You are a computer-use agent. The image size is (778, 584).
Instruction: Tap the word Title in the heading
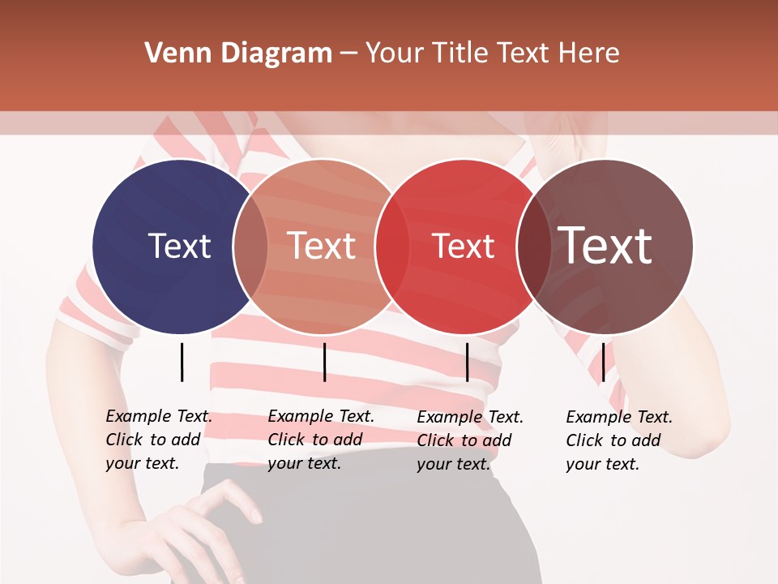click(462, 54)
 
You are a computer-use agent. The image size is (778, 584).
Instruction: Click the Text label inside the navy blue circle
click(179, 246)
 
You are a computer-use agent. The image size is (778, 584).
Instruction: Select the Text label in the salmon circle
click(322, 246)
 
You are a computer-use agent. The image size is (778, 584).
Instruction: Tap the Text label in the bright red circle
click(464, 246)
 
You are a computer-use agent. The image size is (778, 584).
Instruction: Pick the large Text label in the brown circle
click(605, 246)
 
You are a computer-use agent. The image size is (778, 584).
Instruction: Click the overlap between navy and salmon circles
click(250, 246)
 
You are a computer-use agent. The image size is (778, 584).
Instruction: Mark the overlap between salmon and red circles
click(392, 246)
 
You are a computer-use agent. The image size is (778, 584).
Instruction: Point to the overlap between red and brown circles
click(534, 246)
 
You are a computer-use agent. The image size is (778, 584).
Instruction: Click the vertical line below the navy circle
click(182, 362)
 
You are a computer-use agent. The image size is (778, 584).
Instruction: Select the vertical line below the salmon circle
click(324, 362)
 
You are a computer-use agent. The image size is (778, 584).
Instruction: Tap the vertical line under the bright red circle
click(467, 362)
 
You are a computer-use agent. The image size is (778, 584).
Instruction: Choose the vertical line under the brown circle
click(603, 362)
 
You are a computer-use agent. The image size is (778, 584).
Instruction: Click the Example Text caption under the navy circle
click(158, 440)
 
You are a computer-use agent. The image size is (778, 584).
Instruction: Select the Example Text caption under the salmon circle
click(320, 440)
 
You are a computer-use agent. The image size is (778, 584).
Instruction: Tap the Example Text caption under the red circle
click(469, 440)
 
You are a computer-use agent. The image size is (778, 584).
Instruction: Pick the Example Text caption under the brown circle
click(618, 440)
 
